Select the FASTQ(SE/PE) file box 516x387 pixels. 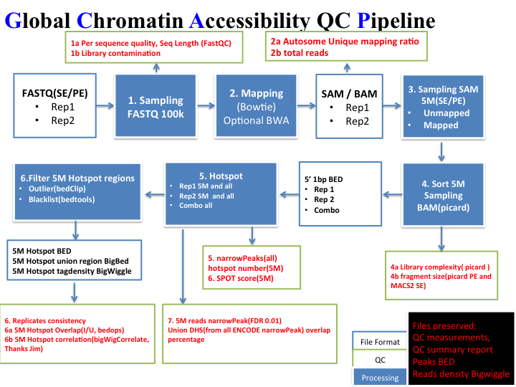[x=57, y=105]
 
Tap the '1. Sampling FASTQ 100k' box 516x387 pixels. [x=156, y=105]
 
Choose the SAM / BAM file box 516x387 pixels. [x=349, y=105]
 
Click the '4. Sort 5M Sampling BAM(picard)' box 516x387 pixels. [x=444, y=193]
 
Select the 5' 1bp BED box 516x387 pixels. [x=337, y=193]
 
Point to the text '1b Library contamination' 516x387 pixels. [x=116, y=53]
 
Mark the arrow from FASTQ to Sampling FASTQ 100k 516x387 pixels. [x=107, y=106]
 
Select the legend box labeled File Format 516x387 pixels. [x=380, y=341]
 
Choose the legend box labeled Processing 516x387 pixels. [x=380, y=377]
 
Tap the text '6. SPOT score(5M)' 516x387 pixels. [x=242, y=277]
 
